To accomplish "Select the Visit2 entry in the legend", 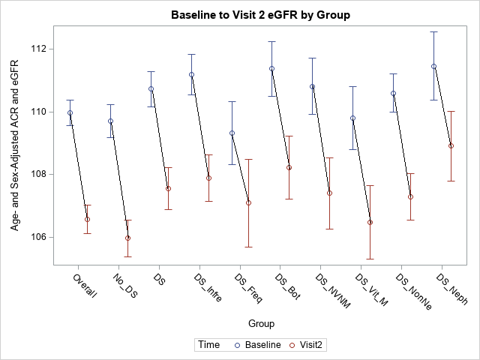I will coord(309,345).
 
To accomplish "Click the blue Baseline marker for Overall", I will coord(70,113).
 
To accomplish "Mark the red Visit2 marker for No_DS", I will coord(127,238).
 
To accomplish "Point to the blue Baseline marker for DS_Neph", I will coord(433,66).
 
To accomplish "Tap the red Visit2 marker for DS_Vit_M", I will coord(370,222).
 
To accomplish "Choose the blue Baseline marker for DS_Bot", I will coord(271,68).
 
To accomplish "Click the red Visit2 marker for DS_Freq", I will coord(248,202).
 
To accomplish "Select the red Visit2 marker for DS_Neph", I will coord(451,145).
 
